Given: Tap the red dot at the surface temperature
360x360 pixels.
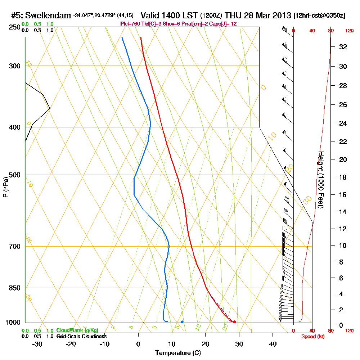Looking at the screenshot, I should click(x=234, y=322).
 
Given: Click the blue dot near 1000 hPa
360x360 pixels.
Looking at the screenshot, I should click(x=182, y=322).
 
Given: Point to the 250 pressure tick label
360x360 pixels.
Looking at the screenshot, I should click(x=13, y=27).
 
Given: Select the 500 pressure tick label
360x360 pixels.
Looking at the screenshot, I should click(x=13, y=175).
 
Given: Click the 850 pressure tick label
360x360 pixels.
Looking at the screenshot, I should click(x=13, y=288).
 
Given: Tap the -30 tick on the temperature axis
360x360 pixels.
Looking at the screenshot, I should click(x=37, y=344).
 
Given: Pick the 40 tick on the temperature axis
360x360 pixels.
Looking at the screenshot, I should click(x=273, y=344).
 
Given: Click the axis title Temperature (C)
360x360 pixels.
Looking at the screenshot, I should click(x=178, y=353).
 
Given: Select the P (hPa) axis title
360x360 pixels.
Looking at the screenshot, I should click(x=6, y=187).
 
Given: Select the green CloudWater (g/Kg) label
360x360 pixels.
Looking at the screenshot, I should click(x=77, y=330).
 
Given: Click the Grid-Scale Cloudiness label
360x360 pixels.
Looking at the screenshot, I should click(x=81, y=336).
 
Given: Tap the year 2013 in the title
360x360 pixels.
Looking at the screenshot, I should click(x=282, y=15).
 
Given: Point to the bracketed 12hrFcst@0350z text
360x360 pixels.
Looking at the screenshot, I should click(x=319, y=16).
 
